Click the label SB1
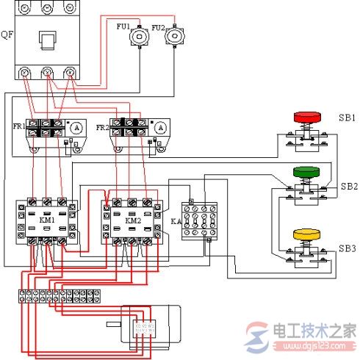[347, 118]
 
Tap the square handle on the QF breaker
[48, 40]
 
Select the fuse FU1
[135, 38]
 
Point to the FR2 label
[102, 127]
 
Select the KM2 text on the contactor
[132, 219]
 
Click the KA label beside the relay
[175, 220]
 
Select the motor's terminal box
[143, 328]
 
